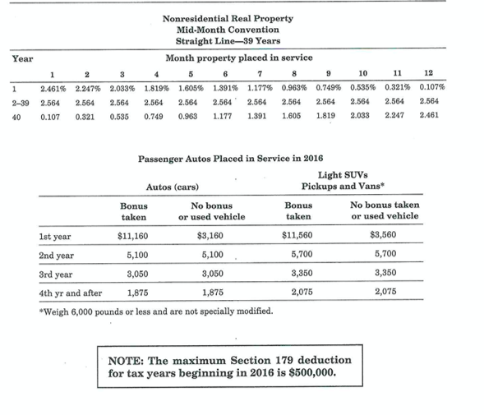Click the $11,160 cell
coord(132,237)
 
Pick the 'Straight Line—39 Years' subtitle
coord(228,42)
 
